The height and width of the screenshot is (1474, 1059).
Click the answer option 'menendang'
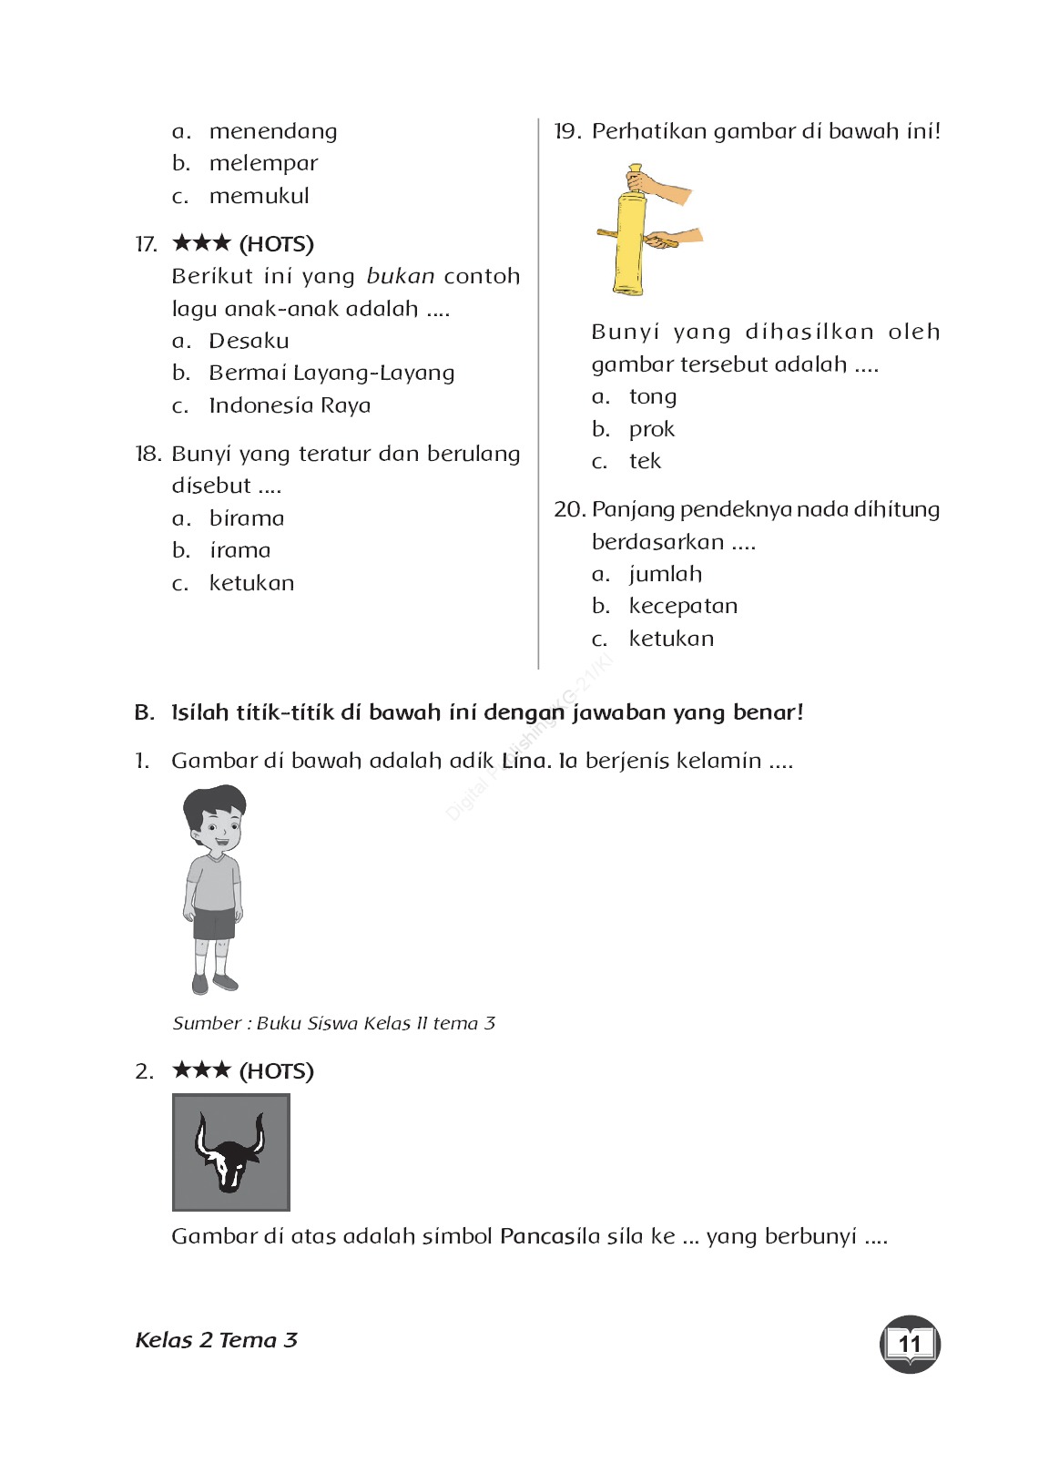(x=272, y=131)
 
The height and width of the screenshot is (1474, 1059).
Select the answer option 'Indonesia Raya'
(x=289, y=405)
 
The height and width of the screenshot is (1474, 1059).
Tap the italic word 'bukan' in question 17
(x=400, y=276)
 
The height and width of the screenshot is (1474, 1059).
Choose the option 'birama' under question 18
(x=246, y=518)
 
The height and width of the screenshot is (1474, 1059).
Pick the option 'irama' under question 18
(x=239, y=550)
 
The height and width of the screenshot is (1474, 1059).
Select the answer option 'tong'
(x=652, y=396)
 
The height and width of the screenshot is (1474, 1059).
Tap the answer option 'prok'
(x=651, y=429)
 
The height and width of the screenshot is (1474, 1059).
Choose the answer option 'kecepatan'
(x=683, y=606)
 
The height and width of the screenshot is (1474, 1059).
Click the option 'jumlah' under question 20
(x=665, y=574)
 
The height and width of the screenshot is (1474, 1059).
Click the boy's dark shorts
(x=214, y=923)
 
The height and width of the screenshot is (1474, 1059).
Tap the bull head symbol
(x=230, y=1152)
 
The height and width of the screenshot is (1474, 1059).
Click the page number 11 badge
(x=910, y=1344)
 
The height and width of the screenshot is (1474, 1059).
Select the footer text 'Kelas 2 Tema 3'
(x=216, y=1340)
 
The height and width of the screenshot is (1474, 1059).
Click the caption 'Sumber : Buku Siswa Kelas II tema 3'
(x=333, y=1023)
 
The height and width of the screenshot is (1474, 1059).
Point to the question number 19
(x=566, y=131)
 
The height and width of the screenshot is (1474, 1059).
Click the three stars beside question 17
(x=201, y=243)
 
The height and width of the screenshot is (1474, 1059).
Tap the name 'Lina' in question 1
(x=524, y=761)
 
